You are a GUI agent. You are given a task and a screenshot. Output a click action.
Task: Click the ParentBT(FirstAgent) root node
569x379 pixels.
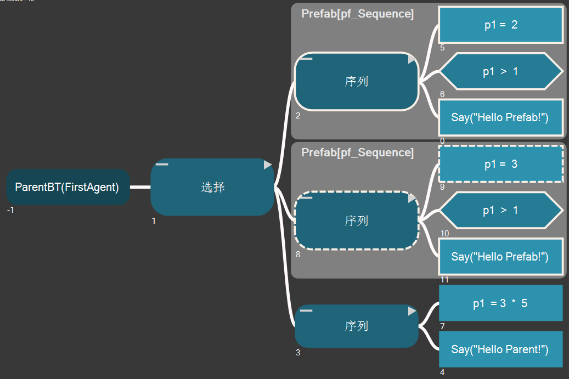coord(67,187)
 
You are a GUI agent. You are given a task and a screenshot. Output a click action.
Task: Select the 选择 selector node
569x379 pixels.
coord(212,187)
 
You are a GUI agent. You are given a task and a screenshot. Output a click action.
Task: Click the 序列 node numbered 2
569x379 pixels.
coord(357,82)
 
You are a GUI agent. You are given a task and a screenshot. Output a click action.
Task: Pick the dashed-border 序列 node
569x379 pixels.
coord(357,220)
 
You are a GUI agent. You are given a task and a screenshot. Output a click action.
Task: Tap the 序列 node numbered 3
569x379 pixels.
coord(357,326)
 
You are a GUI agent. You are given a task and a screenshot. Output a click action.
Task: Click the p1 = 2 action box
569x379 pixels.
coord(501,25)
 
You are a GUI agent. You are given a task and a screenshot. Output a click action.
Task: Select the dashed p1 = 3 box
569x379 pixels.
coord(501,164)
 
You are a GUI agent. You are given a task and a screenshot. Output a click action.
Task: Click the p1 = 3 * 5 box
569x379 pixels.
coord(501,303)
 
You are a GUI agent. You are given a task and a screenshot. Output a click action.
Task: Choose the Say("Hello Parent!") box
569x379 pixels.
coord(501,349)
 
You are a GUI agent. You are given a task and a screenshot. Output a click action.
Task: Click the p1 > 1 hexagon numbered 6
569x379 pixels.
coord(501,71)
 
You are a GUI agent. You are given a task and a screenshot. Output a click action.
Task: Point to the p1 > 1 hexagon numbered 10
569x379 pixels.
coord(501,210)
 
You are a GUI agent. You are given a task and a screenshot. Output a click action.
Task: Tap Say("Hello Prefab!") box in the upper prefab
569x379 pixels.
coord(501,117)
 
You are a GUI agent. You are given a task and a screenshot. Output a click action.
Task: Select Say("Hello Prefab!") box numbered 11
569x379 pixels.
coord(501,256)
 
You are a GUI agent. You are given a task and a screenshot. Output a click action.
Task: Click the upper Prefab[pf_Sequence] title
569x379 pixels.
coord(357,14)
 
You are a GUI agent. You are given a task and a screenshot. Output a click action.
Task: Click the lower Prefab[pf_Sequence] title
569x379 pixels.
coord(357,152)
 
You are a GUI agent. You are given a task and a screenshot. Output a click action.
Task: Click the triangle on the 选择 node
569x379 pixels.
coord(267,165)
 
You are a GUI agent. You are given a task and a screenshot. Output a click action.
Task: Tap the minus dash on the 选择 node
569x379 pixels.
coord(162,164)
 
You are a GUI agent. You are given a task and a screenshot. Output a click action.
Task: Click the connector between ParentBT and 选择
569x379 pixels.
coord(140,187)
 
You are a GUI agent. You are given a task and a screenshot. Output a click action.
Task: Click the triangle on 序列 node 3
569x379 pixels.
coord(412,311)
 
